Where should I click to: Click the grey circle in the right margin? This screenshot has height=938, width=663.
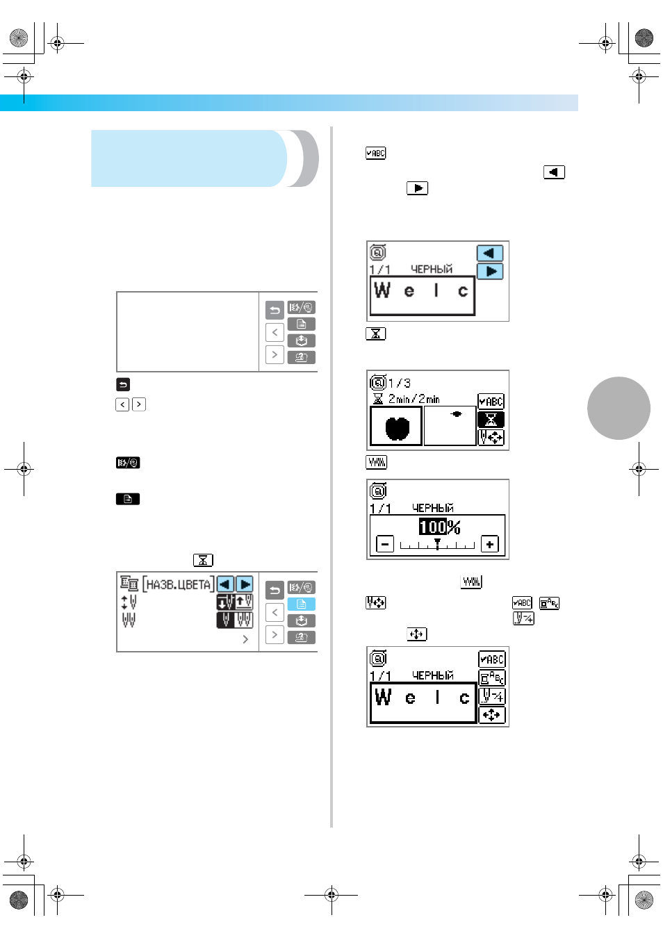click(619, 408)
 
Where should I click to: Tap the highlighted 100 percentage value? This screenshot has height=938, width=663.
click(433, 527)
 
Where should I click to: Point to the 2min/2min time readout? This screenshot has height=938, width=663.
click(414, 399)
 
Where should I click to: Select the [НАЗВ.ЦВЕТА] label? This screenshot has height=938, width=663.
click(179, 584)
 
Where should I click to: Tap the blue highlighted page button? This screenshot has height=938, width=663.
click(301, 604)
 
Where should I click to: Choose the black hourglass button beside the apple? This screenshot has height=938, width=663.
click(491, 419)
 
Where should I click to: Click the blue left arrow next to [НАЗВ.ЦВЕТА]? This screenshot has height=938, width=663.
click(225, 584)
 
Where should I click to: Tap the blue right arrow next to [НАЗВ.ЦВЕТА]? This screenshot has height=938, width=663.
click(245, 584)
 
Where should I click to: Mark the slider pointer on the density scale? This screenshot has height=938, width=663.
click(437, 543)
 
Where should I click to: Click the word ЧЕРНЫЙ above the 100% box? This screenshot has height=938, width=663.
click(433, 508)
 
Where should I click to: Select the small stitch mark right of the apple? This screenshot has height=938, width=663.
click(457, 413)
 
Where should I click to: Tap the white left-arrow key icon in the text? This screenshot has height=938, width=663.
click(554, 172)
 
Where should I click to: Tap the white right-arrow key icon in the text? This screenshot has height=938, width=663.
click(417, 188)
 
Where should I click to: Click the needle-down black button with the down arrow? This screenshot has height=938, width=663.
click(225, 602)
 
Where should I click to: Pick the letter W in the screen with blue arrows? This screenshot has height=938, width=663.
click(382, 290)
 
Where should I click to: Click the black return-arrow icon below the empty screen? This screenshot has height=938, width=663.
click(123, 384)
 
